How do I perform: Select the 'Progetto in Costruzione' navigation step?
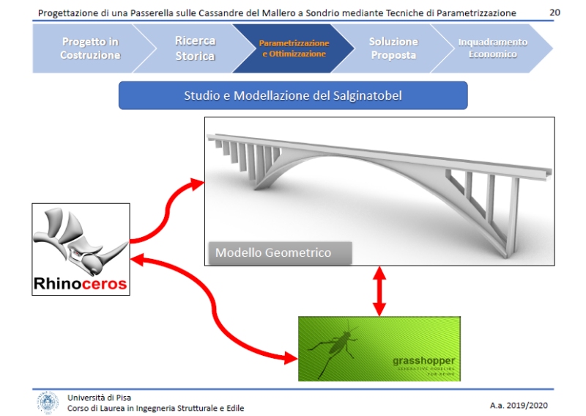(90, 48)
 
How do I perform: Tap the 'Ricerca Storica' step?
(195, 48)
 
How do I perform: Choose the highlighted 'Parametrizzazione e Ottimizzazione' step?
(294, 48)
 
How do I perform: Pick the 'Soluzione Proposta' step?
(393, 48)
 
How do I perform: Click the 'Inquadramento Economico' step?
(492, 48)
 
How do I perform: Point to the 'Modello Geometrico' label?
(273, 252)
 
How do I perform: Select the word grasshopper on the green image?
(423, 361)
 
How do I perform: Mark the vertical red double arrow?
(379, 291)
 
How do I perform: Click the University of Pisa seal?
(48, 402)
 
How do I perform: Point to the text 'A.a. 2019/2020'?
(518, 405)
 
